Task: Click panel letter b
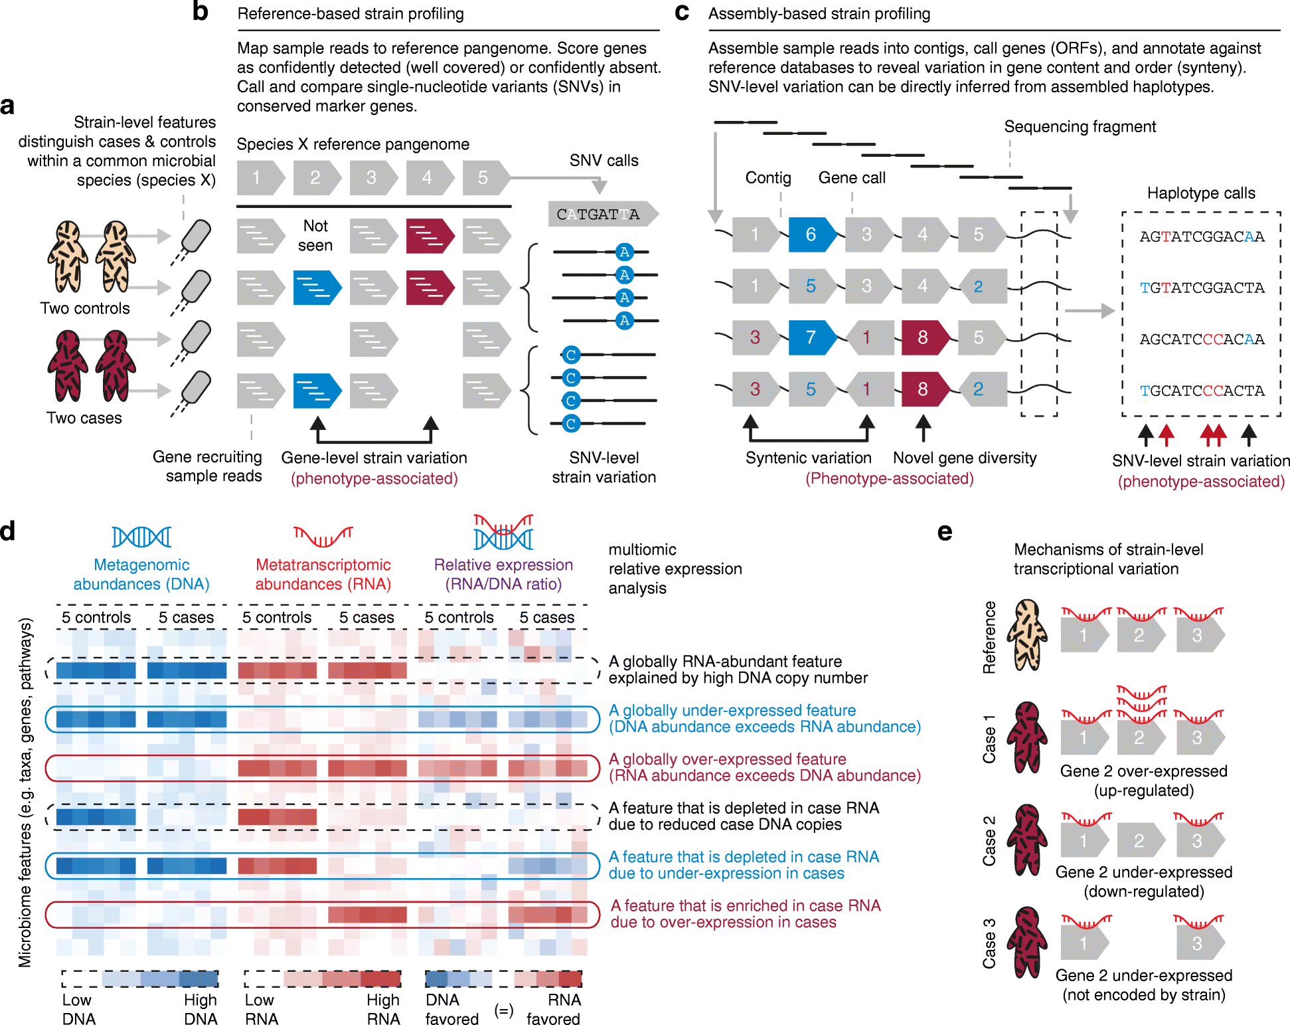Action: point(200,12)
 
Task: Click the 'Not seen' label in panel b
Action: point(315,236)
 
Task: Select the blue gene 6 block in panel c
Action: point(811,234)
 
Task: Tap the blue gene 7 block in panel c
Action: point(811,337)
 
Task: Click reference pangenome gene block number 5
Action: point(484,177)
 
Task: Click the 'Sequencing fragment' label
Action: point(1080,127)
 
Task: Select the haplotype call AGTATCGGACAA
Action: point(1202,237)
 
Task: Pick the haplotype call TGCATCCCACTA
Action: point(1202,391)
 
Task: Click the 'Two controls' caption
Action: point(85,308)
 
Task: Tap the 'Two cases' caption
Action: point(84,418)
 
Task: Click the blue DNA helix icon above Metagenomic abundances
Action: point(141,537)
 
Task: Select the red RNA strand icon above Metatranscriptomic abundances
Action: point(323,535)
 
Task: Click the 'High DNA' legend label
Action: point(201,1009)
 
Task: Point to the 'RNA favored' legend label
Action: point(554,1009)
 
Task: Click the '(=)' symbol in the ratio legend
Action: point(504,1011)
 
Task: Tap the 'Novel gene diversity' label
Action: point(964,458)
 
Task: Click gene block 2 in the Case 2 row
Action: point(1140,840)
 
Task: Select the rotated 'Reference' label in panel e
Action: point(990,637)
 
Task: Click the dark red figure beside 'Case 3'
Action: point(1026,942)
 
